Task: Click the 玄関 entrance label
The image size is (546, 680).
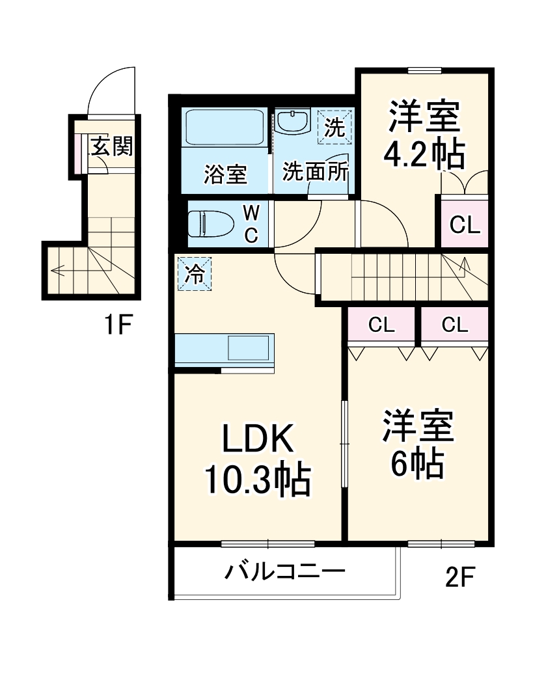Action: [111, 147]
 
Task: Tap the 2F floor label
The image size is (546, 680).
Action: [461, 577]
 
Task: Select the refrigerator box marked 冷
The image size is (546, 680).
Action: [194, 274]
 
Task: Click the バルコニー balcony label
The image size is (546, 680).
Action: [284, 573]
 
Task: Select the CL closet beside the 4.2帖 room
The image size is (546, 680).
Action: [465, 225]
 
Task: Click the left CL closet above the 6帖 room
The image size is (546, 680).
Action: [381, 325]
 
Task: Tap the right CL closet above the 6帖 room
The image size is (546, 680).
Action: [454, 325]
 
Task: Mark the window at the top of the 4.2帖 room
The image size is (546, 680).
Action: [424, 70]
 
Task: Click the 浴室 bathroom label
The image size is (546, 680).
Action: [225, 174]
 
